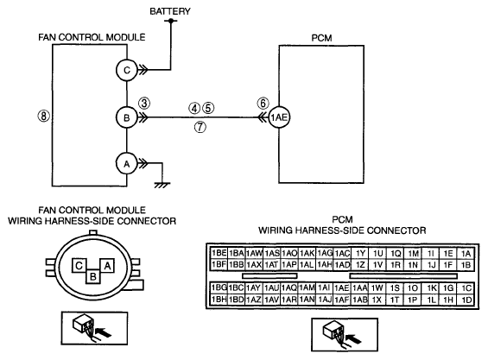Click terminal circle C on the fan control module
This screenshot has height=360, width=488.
(127, 70)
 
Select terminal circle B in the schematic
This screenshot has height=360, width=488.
(127, 117)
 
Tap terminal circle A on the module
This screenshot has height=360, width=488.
(127, 164)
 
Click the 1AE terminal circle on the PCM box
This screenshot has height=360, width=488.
(279, 117)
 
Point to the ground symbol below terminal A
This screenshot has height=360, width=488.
(162, 186)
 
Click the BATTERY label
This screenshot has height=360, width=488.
(170, 11)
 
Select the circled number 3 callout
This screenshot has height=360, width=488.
(144, 103)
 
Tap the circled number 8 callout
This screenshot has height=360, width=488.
(43, 116)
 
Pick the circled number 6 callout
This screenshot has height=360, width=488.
(263, 103)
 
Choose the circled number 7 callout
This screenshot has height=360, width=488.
(200, 127)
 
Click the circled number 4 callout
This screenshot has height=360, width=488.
(194, 108)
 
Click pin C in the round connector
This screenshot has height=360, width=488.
(79, 265)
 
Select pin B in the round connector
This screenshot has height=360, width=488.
(93, 276)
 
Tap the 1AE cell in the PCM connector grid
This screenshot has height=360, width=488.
(341, 288)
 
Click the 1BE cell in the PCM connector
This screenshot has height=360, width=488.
(219, 253)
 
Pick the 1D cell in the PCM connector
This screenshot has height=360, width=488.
(466, 300)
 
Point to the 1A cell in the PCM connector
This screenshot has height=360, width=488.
(466, 253)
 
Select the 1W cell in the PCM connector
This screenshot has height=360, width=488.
(377, 288)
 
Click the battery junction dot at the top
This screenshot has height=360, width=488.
(170, 21)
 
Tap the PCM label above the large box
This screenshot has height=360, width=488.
(321, 38)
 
